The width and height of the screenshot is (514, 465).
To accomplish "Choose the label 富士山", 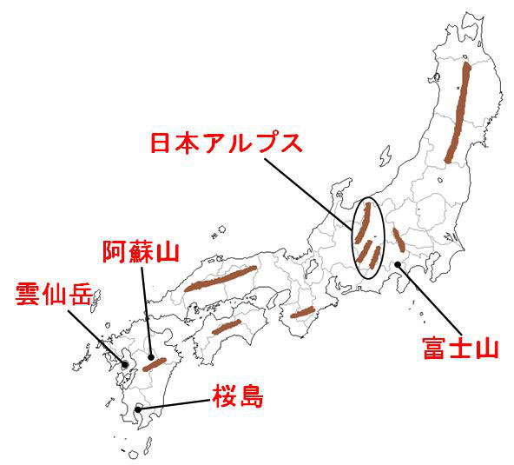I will pos(459,349).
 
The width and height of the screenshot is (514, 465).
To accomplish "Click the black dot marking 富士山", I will pos(398,264).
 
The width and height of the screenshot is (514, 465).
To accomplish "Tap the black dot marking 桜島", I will pos(138,407).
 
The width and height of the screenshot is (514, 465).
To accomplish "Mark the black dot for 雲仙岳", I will pos(124,365).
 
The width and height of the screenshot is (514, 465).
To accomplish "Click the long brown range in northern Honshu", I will pos(458,113).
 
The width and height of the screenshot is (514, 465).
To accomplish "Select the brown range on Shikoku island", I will pos(226,327).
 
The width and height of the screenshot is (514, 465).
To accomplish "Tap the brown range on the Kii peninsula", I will pos(302,312).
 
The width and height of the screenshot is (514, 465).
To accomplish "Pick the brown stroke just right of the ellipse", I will pos(398,239).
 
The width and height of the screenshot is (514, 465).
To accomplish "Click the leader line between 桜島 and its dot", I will pos(174,402).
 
